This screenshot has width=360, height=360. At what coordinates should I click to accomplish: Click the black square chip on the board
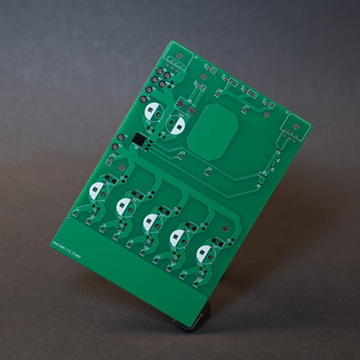click(138, 138)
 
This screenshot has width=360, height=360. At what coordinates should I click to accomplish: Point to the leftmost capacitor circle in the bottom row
click(99, 190)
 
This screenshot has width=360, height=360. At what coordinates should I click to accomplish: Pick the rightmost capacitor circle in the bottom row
click(204, 254)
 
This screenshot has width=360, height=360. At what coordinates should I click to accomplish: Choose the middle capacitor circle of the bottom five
click(151, 220)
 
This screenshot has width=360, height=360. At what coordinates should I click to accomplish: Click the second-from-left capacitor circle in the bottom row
click(125, 205)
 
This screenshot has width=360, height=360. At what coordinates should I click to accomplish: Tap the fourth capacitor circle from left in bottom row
click(178, 237)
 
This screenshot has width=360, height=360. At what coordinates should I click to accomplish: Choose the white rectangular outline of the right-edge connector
click(294, 130)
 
